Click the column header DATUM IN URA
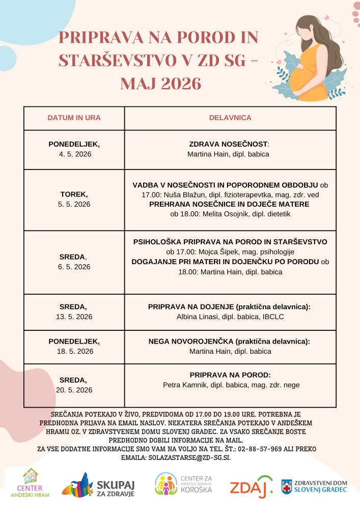74,118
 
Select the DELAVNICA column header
230,118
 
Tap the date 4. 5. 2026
74,154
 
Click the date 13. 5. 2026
74,317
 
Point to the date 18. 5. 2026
74,351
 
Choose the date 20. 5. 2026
74,390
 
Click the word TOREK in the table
74,194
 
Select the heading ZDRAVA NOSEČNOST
228,144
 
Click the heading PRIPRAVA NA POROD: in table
230,375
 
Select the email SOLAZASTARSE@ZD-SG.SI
189,458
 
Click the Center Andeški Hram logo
30,483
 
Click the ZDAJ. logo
251,486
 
